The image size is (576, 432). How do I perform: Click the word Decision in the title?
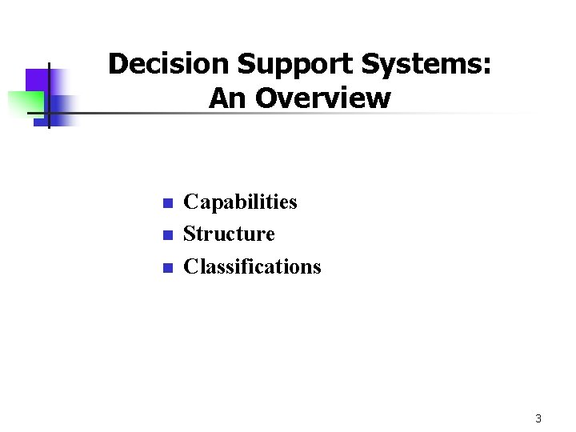(x=154, y=64)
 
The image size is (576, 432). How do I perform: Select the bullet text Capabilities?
(x=240, y=202)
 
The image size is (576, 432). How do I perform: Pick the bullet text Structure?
(x=229, y=234)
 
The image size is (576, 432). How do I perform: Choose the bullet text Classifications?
(x=252, y=266)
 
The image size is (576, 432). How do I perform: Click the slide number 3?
(x=538, y=418)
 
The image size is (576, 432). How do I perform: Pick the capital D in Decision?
(x=117, y=64)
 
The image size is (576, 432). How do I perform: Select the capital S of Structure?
(x=190, y=234)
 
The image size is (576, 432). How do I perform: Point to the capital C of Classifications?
(x=190, y=266)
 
